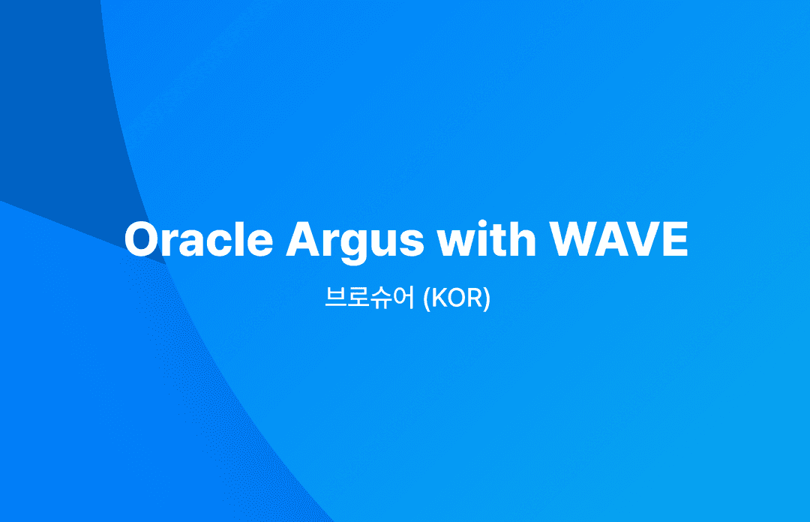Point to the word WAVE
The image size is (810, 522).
618,239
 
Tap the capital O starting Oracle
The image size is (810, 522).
142,239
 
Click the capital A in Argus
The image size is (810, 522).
303,239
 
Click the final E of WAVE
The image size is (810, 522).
675,239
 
